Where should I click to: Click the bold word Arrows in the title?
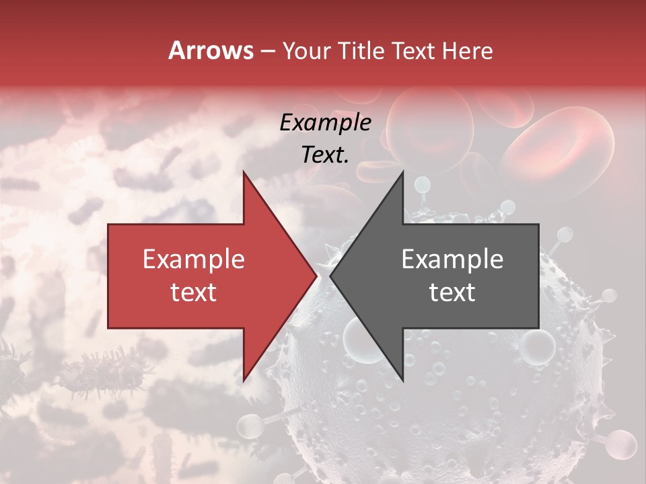(x=211, y=50)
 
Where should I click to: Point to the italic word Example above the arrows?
(x=325, y=122)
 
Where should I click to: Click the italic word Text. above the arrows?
(x=325, y=155)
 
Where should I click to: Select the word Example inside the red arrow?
(x=193, y=259)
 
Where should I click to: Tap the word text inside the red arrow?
(x=193, y=292)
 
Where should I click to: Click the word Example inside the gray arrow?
(x=452, y=259)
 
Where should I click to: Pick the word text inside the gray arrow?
(x=452, y=292)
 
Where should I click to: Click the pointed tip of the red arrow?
(x=316, y=276)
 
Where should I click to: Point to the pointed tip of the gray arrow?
(x=330, y=276)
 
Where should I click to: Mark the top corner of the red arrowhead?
(x=244, y=172)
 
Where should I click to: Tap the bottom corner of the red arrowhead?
(x=244, y=380)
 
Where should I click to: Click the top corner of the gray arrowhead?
(x=402, y=172)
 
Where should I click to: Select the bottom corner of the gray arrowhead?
(x=402, y=380)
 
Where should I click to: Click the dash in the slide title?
(x=267, y=52)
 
